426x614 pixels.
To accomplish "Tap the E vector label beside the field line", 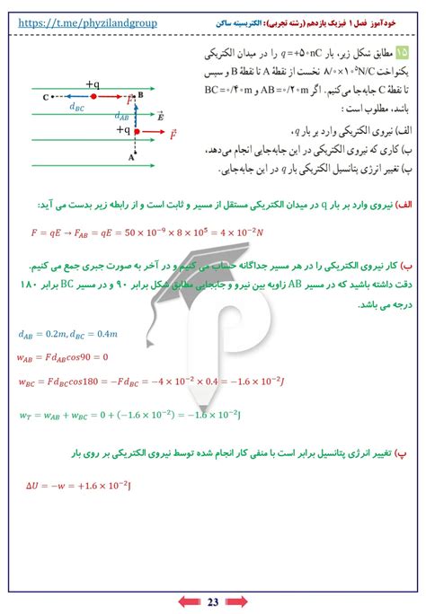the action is (160, 117).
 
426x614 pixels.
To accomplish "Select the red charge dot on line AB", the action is (136, 131).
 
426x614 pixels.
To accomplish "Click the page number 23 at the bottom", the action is (213, 601).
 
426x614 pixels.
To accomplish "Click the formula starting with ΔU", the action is (80, 487).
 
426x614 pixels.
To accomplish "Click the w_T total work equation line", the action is (130, 415).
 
